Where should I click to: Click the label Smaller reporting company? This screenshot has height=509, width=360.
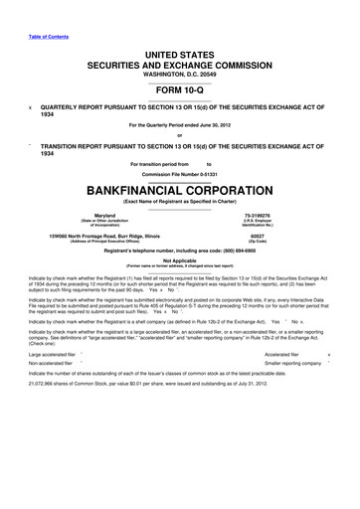point(279,364)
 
